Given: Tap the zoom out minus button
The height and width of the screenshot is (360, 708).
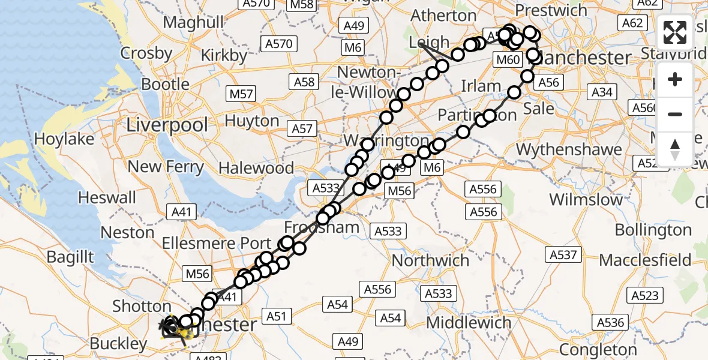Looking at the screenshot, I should tap(675, 114).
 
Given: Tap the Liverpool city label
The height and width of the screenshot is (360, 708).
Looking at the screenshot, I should tap(167, 125).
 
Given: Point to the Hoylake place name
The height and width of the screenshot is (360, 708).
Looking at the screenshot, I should tap(64, 139).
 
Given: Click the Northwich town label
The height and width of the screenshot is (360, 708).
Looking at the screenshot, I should tap(430, 260).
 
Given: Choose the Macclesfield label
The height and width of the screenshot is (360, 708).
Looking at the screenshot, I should tap(645, 260).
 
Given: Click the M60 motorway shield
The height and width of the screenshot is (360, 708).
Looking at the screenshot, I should tap(506, 59).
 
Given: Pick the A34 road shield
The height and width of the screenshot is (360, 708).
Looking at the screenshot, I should tap(602, 92).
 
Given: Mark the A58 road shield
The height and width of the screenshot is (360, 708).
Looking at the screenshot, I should tap(305, 82).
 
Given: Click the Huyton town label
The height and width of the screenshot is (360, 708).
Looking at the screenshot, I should tap(252, 121).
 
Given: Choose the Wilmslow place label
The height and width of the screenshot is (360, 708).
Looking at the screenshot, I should tap(586, 199).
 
